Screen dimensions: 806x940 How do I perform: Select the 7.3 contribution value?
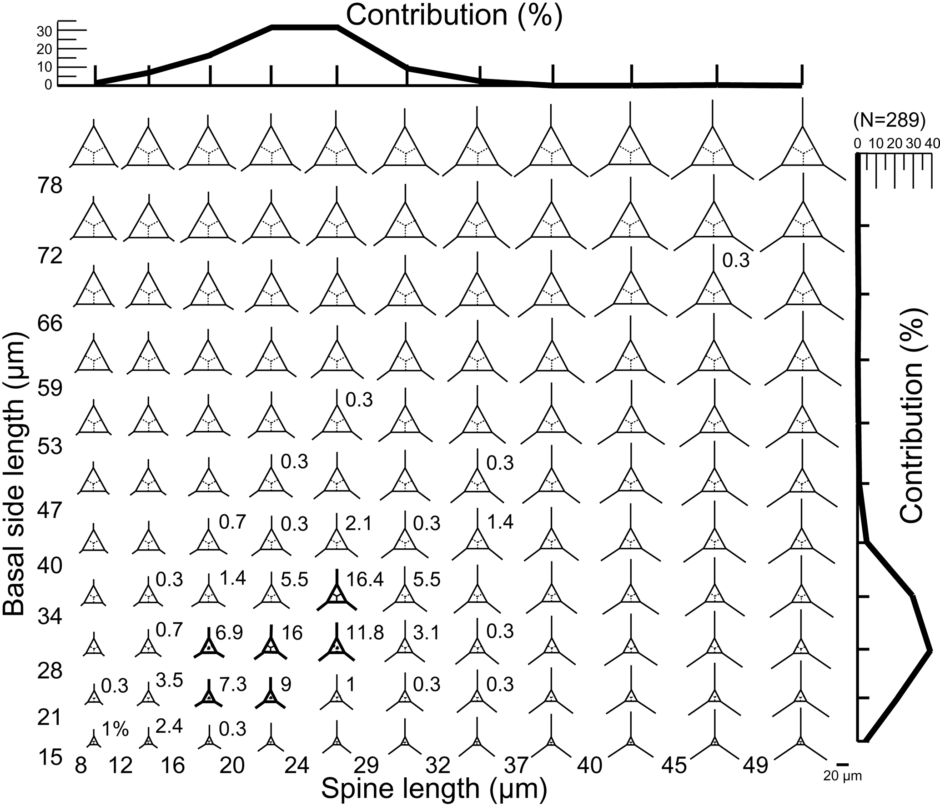[232, 685]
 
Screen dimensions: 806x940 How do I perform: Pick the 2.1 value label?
[359, 524]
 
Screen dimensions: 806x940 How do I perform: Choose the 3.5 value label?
[169, 681]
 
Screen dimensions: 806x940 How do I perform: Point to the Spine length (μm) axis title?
[434, 789]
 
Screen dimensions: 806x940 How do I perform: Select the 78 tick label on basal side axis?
[50, 186]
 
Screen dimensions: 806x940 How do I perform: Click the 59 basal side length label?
[50, 389]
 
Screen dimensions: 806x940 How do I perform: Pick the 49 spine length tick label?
[755, 766]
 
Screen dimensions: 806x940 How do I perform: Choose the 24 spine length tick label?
[297, 766]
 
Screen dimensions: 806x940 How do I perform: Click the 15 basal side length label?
[50, 758]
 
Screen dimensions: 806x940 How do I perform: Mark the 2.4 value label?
[169, 727]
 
